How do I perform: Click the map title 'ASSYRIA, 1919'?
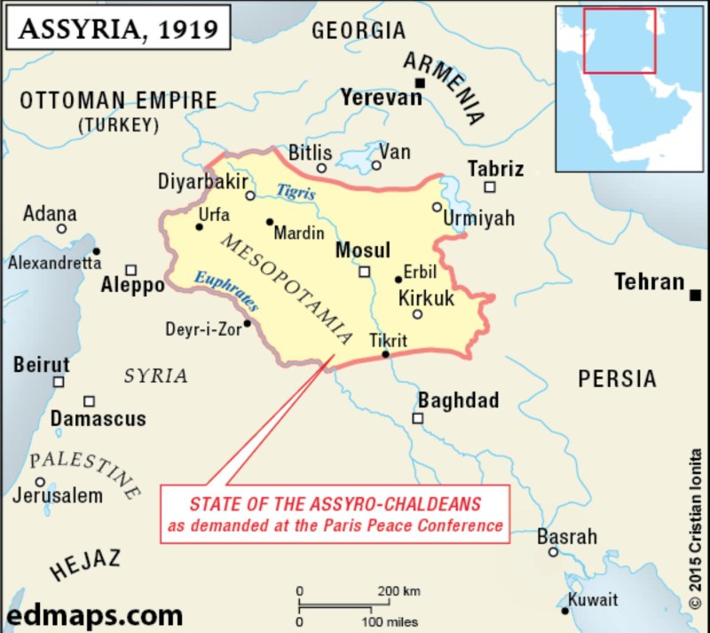click(120, 30)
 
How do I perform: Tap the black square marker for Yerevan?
click(421, 83)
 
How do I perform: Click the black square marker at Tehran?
click(697, 294)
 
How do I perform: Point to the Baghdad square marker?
click(418, 418)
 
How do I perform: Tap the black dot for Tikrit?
click(385, 355)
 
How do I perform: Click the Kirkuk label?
click(427, 298)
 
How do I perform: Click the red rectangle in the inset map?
click(619, 40)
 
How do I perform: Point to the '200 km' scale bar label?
click(398, 591)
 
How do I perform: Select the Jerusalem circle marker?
click(40, 481)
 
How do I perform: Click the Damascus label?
click(98, 418)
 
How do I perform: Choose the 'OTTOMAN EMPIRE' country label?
click(118, 99)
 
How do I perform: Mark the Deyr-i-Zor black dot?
click(248, 323)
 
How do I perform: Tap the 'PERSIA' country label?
click(617, 379)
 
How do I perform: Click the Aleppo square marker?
click(131, 269)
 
